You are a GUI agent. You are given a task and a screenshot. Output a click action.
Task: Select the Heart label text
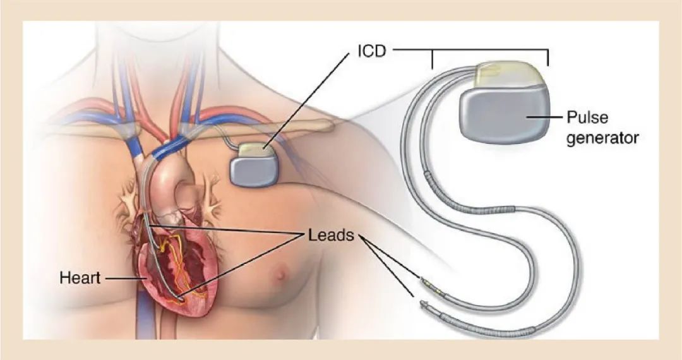[80, 277]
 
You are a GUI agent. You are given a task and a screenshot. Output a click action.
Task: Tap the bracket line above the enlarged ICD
[489, 49]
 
